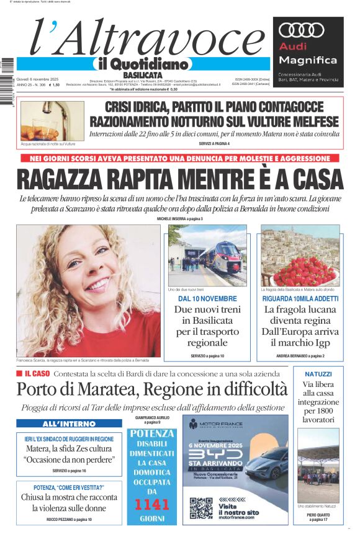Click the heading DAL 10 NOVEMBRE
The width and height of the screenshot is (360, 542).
207,299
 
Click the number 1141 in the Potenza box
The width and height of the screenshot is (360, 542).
151,504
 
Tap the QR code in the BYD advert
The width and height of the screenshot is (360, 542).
200,508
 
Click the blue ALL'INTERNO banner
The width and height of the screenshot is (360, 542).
60,424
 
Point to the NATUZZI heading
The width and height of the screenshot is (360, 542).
318,375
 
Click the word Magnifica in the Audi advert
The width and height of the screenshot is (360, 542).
308,60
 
